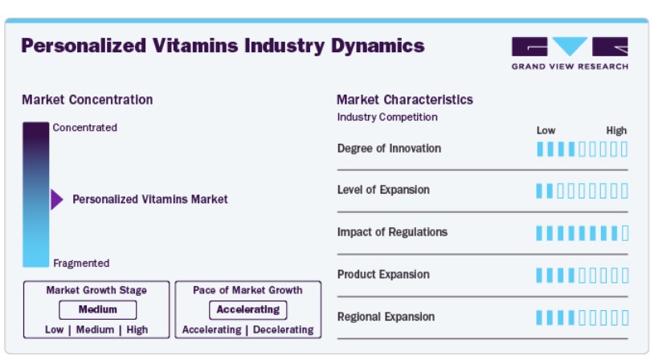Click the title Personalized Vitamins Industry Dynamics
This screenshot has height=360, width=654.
coord(223,46)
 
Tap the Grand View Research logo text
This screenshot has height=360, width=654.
coord(570,67)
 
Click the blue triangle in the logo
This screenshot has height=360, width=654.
coord(570,46)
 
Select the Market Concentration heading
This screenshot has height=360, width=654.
coord(87,100)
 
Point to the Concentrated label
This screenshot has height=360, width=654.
coord(84,128)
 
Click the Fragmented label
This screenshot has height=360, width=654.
coord(81,264)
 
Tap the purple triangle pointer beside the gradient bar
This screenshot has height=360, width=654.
coord(57,199)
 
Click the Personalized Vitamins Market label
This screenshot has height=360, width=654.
coord(150,199)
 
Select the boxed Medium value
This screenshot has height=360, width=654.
coord(97,309)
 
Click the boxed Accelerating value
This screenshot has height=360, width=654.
coord(247,309)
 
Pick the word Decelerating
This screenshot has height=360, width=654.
coord(283,329)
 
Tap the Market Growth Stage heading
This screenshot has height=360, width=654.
coord(96,290)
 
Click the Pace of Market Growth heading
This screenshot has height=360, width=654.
coord(247,290)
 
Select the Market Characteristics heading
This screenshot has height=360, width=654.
coord(405,100)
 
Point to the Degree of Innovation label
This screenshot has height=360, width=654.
coord(389,149)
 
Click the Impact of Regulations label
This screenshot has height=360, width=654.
coord(392,232)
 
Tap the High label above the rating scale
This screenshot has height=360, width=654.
coord(616,131)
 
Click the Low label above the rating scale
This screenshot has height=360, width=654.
coord(546,131)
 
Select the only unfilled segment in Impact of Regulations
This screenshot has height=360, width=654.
coord(625,233)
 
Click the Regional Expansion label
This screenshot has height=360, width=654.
coord(386,317)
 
